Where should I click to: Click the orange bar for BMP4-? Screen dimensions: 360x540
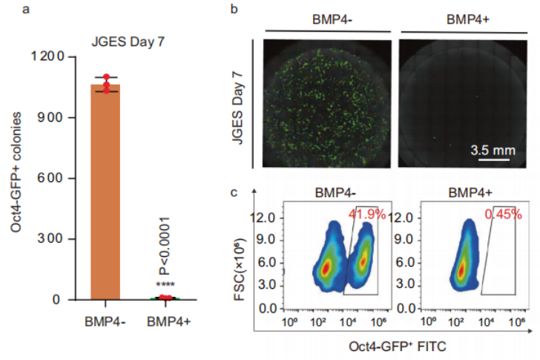click(x=105, y=193)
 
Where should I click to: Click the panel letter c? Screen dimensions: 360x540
click(x=234, y=192)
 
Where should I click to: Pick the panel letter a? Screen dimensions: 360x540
click(x=7, y=8)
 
